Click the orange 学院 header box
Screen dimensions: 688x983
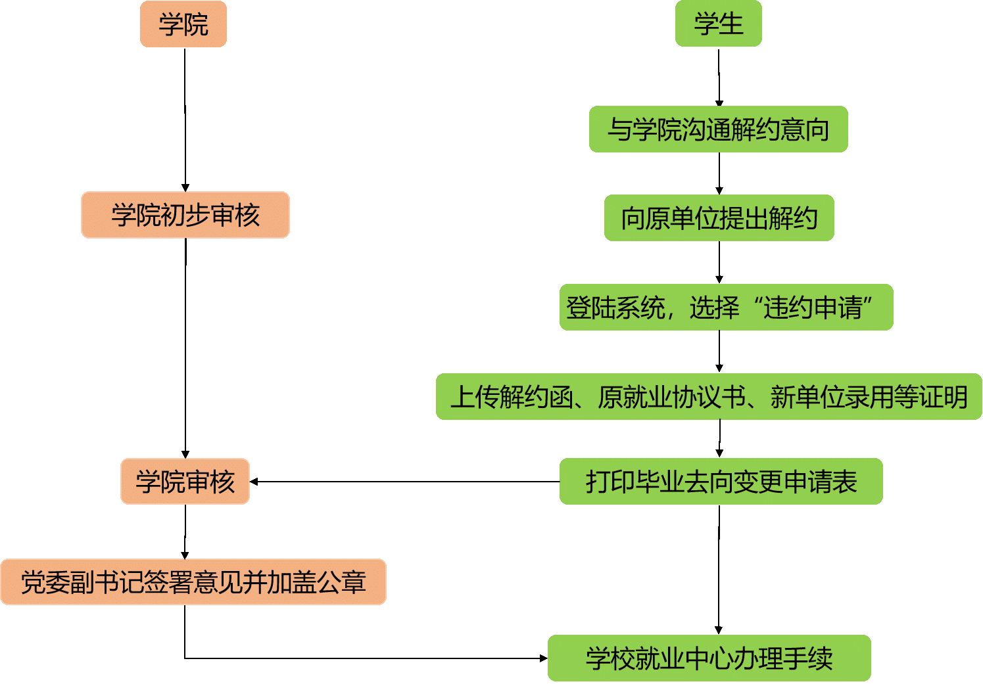[183, 24]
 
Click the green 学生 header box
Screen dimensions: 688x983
[718, 24]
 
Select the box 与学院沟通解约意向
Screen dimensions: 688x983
[718, 129]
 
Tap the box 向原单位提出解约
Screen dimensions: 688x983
[719, 218]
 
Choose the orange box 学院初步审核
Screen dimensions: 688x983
[185, 215]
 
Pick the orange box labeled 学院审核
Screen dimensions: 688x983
[185, 481]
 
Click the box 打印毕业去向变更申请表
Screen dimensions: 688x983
[721, 481]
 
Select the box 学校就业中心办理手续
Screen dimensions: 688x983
[709, 658]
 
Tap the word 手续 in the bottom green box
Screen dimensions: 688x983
[808, 658]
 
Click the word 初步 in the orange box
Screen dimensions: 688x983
[185, 215]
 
